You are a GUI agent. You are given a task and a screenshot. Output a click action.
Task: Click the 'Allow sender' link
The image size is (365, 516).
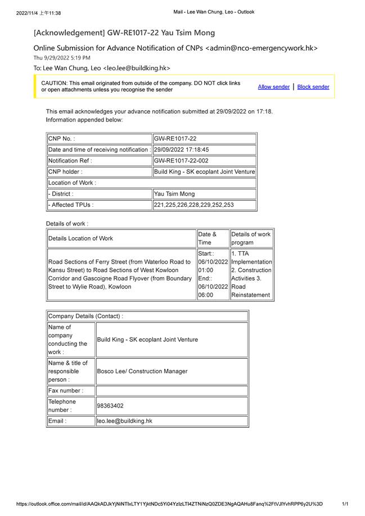click(274, 87)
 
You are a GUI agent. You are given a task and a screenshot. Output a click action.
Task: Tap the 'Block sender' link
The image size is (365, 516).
click(313, 87)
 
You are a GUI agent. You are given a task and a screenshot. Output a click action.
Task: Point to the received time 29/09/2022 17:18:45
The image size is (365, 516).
click(181, 150)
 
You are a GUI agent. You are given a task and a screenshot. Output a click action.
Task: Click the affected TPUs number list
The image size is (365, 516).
click(193, 205)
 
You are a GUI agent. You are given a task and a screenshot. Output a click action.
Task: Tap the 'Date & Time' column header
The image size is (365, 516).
click(206, 238)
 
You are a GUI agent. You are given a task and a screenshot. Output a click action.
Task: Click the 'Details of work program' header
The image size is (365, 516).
click(251, 238)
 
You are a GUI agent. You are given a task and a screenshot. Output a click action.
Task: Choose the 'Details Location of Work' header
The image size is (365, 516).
click(80, 238)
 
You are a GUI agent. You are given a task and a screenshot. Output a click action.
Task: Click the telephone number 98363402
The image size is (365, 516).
click(110, 405)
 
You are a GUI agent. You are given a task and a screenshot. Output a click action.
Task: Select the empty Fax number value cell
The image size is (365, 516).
click(172, 391)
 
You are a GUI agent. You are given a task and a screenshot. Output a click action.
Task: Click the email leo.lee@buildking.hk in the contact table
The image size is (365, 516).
click(125, 420)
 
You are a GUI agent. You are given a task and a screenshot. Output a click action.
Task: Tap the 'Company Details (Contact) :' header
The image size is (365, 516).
click(85, 316)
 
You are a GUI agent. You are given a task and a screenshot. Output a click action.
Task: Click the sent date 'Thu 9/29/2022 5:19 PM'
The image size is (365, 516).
click(62, 58)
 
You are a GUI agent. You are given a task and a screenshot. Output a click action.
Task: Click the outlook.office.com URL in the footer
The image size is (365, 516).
click(170, 504)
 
